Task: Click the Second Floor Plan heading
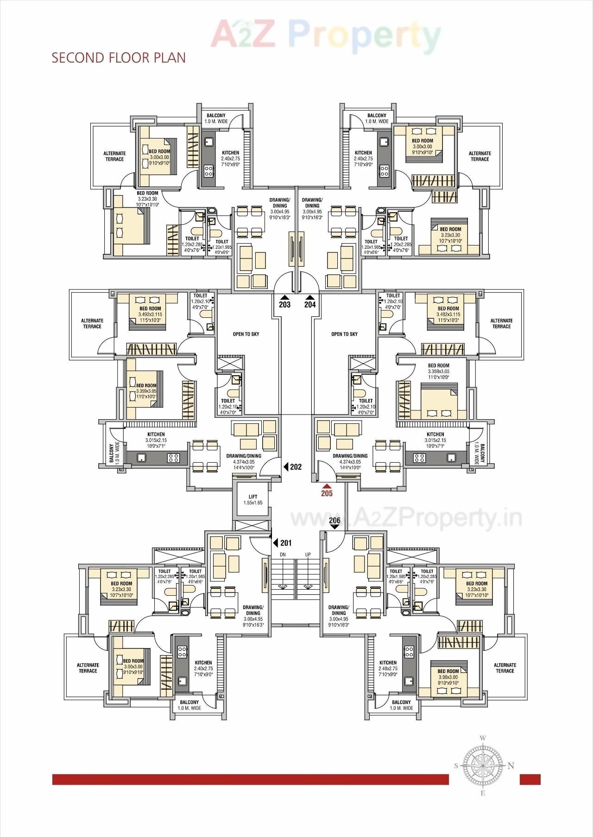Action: (x=119, y=57)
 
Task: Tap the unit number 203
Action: (x=284, y=304)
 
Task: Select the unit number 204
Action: (x=310, y=304)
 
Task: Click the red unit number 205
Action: (x=327, y=493)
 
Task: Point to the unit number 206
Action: (x=334, y=521)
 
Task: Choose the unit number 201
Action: (x=286, y=543)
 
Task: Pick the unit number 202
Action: (x=296, y=467)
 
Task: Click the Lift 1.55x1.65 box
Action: (x=252, y=499)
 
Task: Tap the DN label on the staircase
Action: (x=283, y=554)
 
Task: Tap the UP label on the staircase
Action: (x=308, y=554)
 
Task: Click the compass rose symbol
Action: (x=483, y=765)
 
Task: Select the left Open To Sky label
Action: (x=246, y=334)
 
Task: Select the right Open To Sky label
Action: (x=344, y=334)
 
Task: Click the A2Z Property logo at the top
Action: (x=326, y=34)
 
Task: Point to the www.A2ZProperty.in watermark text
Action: (x=406, y=518)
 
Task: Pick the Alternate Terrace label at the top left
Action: (x=114, y=156)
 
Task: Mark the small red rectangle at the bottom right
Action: (x=530, y=779)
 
